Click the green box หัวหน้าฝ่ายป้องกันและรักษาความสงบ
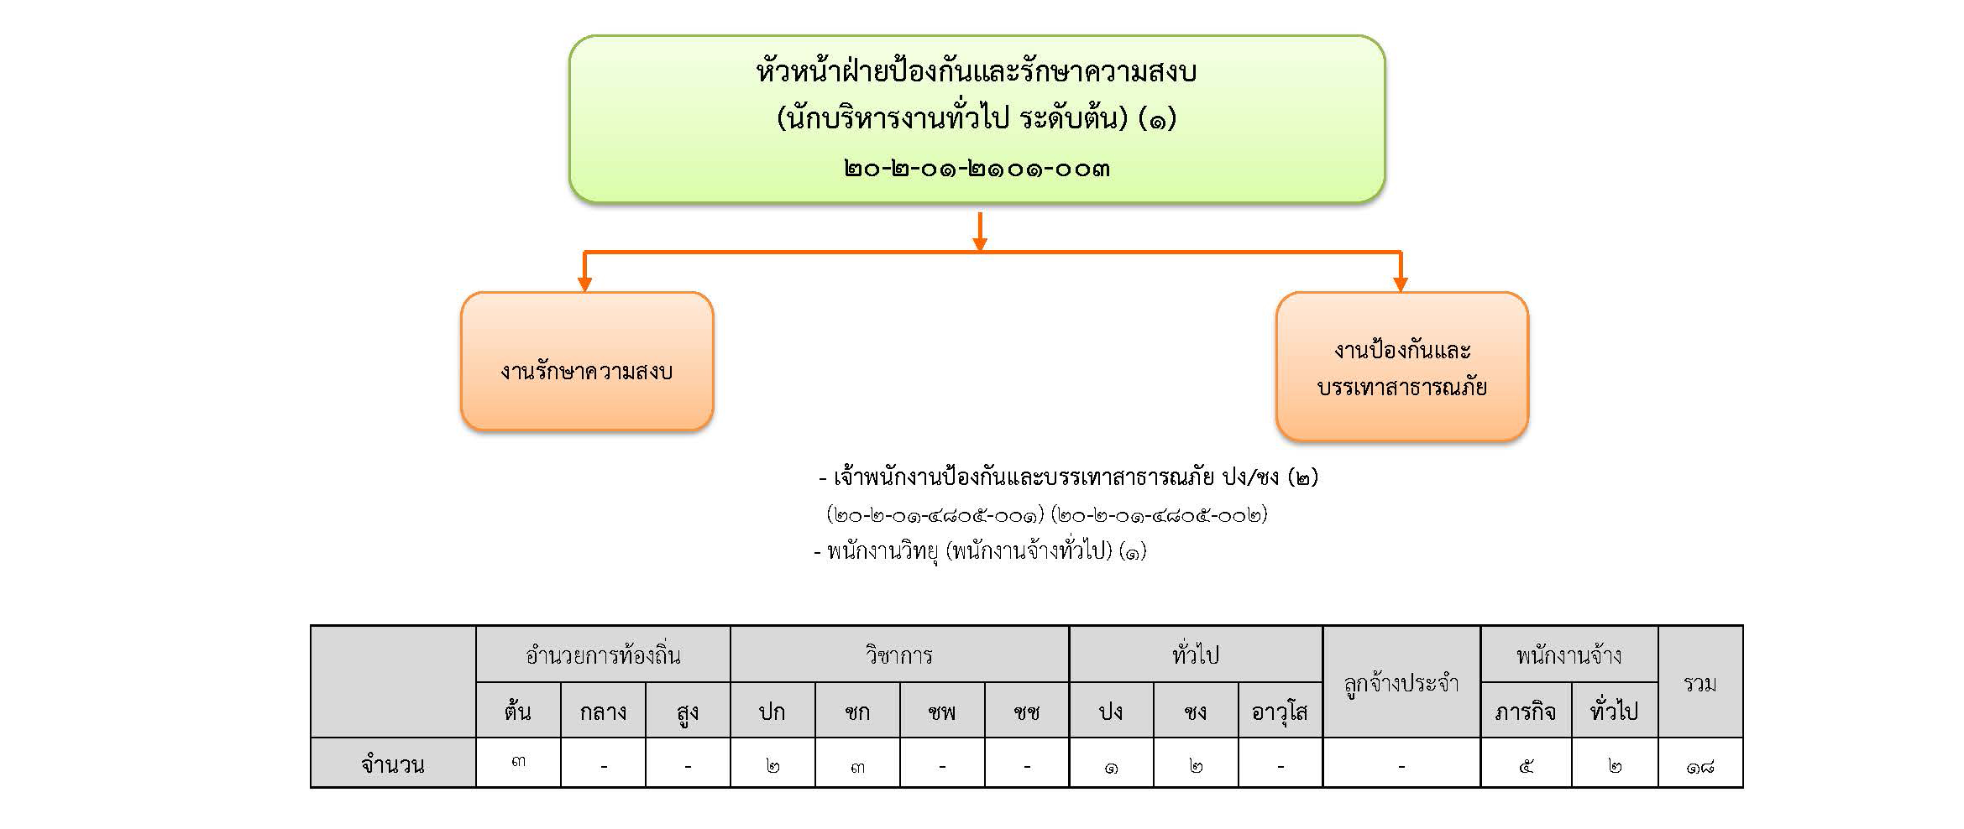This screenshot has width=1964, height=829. click(977, 118)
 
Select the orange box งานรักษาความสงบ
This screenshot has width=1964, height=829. click(587, 362)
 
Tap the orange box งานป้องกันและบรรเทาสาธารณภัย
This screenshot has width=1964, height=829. click(1401, 367)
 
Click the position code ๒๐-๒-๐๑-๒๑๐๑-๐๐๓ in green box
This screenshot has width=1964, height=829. click(977, 169)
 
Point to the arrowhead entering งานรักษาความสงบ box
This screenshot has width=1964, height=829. click(585, 284)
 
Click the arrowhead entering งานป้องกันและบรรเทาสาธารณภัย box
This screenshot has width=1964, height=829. click(1400, 284)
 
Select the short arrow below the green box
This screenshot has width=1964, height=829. click(979, 232)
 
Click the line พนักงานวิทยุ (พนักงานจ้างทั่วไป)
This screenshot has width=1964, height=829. click(980, 552)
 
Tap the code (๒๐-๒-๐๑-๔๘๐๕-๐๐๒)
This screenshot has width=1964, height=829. click(1159, 514)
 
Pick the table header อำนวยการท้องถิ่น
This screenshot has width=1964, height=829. click(603, 654)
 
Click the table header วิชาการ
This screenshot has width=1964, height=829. click(899, 654)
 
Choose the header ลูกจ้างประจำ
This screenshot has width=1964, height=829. click(1401, 684)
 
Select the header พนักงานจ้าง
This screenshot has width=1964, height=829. click(1569, 654)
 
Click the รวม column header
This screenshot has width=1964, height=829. click(1700, 683)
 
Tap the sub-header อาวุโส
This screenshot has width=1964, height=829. click(1280, 712)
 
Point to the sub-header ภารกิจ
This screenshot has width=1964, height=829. click(1525, 712)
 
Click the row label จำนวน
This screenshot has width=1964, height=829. click(393, 764)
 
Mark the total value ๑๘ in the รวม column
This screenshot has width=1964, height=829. click(1700, 766)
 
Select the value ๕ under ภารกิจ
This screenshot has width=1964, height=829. click(1526, 766)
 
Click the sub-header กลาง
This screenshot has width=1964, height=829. click(603, 712)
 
